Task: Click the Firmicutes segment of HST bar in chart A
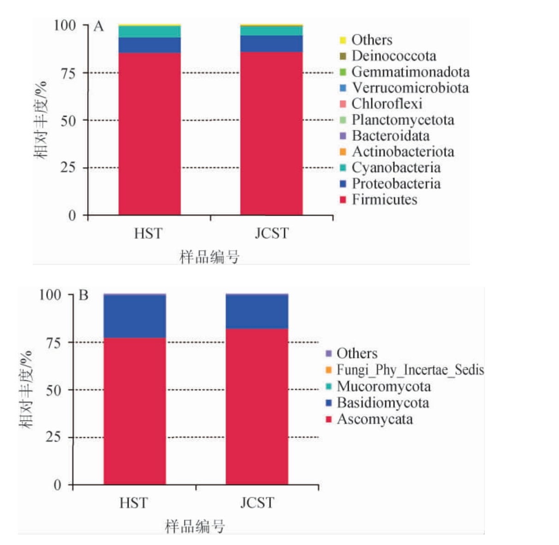click(149, 134)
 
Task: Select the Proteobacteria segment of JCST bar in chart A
click(271, 43)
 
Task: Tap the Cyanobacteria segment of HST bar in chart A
click(149, 32)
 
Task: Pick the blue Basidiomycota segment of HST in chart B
click(135, 316)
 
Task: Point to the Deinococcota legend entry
click(393, 56)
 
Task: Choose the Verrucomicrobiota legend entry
click(410, 88)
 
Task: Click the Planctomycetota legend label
click(403, 120)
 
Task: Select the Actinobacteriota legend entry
click(403, 152)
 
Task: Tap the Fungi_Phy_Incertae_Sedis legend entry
click(410, 369)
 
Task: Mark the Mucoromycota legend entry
click(384, 386)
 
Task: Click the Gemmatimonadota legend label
click(410, 72)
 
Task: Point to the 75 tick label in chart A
click(68, 73)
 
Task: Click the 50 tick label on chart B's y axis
click(54, 390)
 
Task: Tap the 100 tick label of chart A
click(65, 25)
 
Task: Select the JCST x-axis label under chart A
click(272, 233)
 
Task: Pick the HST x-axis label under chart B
click(134, 503)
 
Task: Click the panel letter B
click(83, 295)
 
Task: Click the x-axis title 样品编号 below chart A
click(209, 257)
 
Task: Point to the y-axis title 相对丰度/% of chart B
click(26, 390)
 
